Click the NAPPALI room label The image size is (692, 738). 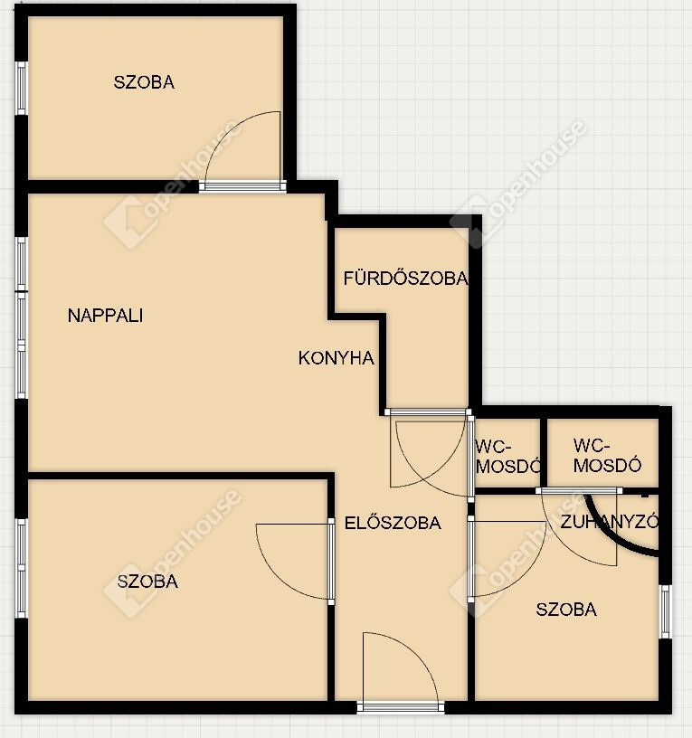106,316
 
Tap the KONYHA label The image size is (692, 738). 337,358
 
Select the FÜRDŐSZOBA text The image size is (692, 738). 406,279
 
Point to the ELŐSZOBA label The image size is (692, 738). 393,523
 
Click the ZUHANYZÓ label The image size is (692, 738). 609,522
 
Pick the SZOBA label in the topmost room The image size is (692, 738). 144,82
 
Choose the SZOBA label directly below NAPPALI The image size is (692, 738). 147,582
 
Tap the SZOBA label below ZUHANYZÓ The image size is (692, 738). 566,610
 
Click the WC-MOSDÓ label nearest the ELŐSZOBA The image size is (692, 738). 507,457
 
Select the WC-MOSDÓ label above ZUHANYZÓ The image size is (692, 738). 607,456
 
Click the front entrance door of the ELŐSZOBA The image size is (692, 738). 400,706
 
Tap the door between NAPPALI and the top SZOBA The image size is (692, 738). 242,185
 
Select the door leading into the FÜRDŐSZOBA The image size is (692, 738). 428,412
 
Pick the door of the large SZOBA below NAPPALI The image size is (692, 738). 331,561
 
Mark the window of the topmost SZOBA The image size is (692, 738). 21,88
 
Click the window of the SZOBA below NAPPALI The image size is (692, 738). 21,569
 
